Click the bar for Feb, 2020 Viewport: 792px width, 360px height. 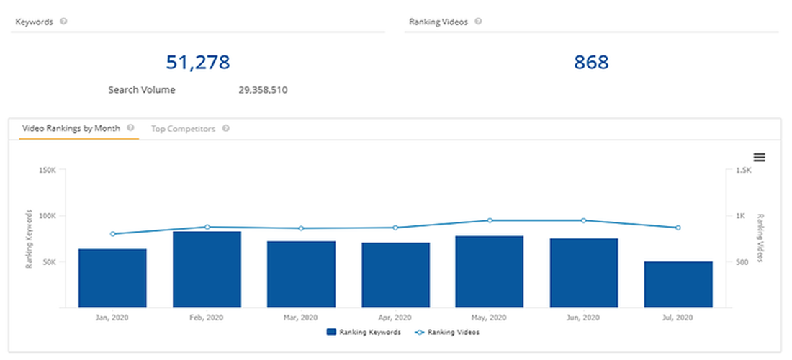(x=207, y=269)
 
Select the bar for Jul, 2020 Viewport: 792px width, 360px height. (x=678, y=284)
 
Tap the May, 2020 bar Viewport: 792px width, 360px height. (x=490, y=271)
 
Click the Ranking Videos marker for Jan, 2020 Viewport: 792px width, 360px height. (x=113, y=234)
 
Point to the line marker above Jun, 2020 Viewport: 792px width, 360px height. (x=584, y=220)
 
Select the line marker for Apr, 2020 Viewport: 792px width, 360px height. (x=395, y=228)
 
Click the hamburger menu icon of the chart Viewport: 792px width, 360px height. (x=759, y=158)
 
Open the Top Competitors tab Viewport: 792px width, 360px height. (x=183, y=129)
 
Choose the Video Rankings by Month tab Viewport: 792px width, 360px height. (x=71, y=128)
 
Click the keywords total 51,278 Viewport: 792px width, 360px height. (x=198, y=63)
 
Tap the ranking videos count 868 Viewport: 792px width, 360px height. (x=591, y=63)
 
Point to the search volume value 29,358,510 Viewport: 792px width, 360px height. (x=264, y=91)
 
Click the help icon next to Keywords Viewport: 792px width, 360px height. (x=63, y=22)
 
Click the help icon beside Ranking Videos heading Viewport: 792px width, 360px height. (x=478, y=22)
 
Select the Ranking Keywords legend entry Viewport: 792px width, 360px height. (x=364, y=333)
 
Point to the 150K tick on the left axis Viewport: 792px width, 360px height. (x=47, y=171)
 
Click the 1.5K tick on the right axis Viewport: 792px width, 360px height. (x=744, y=171)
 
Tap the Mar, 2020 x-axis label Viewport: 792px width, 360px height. (x=301, y=318)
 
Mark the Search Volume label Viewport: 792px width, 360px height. (x=142, y=91)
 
